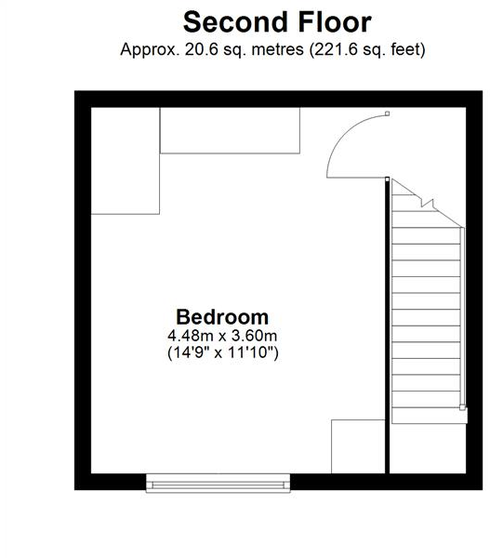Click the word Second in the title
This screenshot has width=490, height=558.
pyautogui.click(x=229, y=21)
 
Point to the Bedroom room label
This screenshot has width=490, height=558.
pyautogui.click(x=222, y=316)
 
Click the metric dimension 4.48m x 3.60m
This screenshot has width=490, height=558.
pyautogui.click(x=223, y=335)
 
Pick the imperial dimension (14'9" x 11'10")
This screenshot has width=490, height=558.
pyautogui.click(x=223, y=352)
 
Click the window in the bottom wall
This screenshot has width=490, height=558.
pyautogui.click(x=219, y=482)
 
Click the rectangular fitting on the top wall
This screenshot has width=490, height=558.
pyautogui.click(x=231, y=131)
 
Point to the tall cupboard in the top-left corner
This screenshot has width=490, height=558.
pyautogui.click(x=126, y=163)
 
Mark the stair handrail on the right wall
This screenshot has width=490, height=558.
pyautogui.click(x=463, y=316)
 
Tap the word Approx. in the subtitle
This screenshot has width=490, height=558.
pyautogui.click(x=149, y=49)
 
